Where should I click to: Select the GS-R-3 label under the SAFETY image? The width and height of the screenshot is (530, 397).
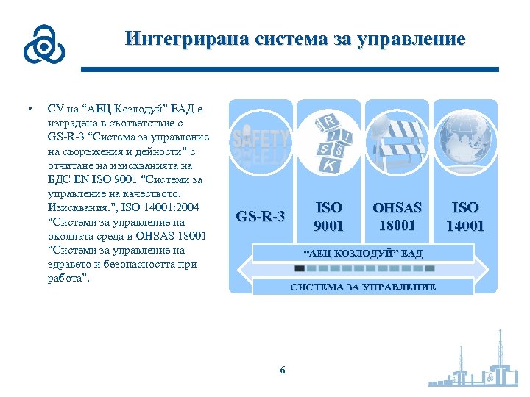(x=260, y=217)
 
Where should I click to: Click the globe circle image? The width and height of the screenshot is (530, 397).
(x=464, y=143)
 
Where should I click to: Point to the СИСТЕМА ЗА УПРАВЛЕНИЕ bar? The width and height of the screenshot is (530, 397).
(x=363, y=287)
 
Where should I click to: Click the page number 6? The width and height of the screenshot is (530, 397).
(x=282, y=370)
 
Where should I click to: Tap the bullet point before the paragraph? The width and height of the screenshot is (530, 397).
(x=29, y=108)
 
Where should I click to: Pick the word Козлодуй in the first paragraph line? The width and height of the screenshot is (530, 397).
(x=140, y=109)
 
